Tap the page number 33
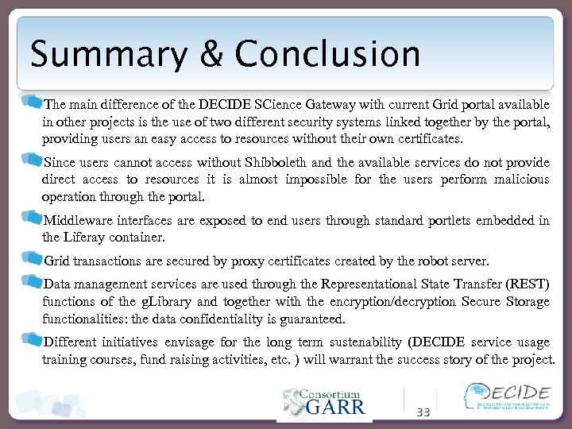(x=423, y=412)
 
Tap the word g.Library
(x=168, y=301)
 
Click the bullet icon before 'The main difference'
(x=33, y=102)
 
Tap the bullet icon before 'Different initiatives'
(x=33, y=341)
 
